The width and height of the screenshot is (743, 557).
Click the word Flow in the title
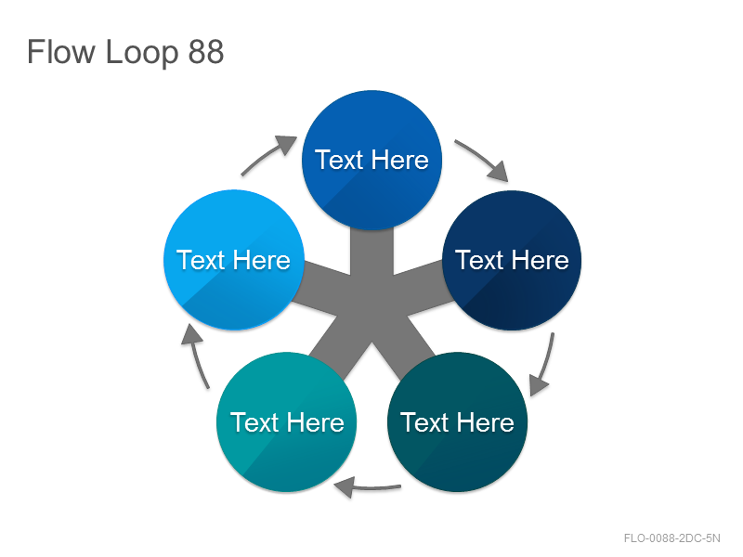[61, 51]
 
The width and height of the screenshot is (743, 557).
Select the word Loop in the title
[142, 53]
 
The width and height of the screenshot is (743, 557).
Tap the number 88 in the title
[205, 52]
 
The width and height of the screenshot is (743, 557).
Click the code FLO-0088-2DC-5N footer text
[671, 538]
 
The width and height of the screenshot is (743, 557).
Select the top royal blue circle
[372, 160]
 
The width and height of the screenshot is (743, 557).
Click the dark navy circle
[512, 260]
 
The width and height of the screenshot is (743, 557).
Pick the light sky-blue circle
[234, 260]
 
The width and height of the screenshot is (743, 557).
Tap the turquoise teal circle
[286, 422]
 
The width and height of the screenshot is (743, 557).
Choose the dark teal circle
[457, 422]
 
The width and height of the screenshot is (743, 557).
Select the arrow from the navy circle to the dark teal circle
[545, 365]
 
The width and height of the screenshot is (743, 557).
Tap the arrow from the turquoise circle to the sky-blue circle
[197, 356]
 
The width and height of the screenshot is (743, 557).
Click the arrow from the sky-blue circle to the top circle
[267, 154]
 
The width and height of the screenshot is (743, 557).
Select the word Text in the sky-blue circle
[201, 260]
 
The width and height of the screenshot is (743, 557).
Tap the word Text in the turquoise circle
[254, 422]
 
